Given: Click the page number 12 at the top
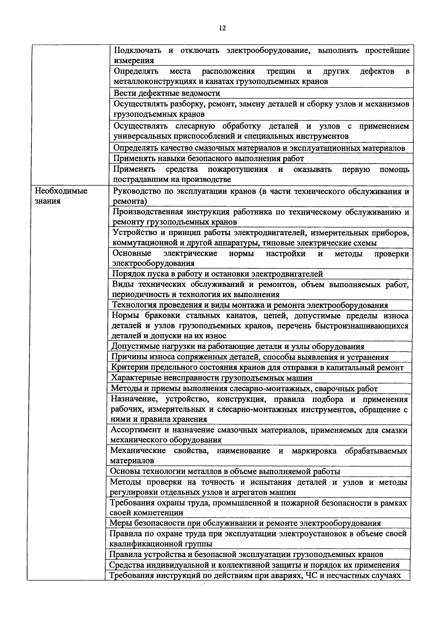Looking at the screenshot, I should (x=222, y=28).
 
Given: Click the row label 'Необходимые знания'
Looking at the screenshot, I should (x=61, y=196).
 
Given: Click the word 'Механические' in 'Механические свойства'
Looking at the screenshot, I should (x=138, y=451).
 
